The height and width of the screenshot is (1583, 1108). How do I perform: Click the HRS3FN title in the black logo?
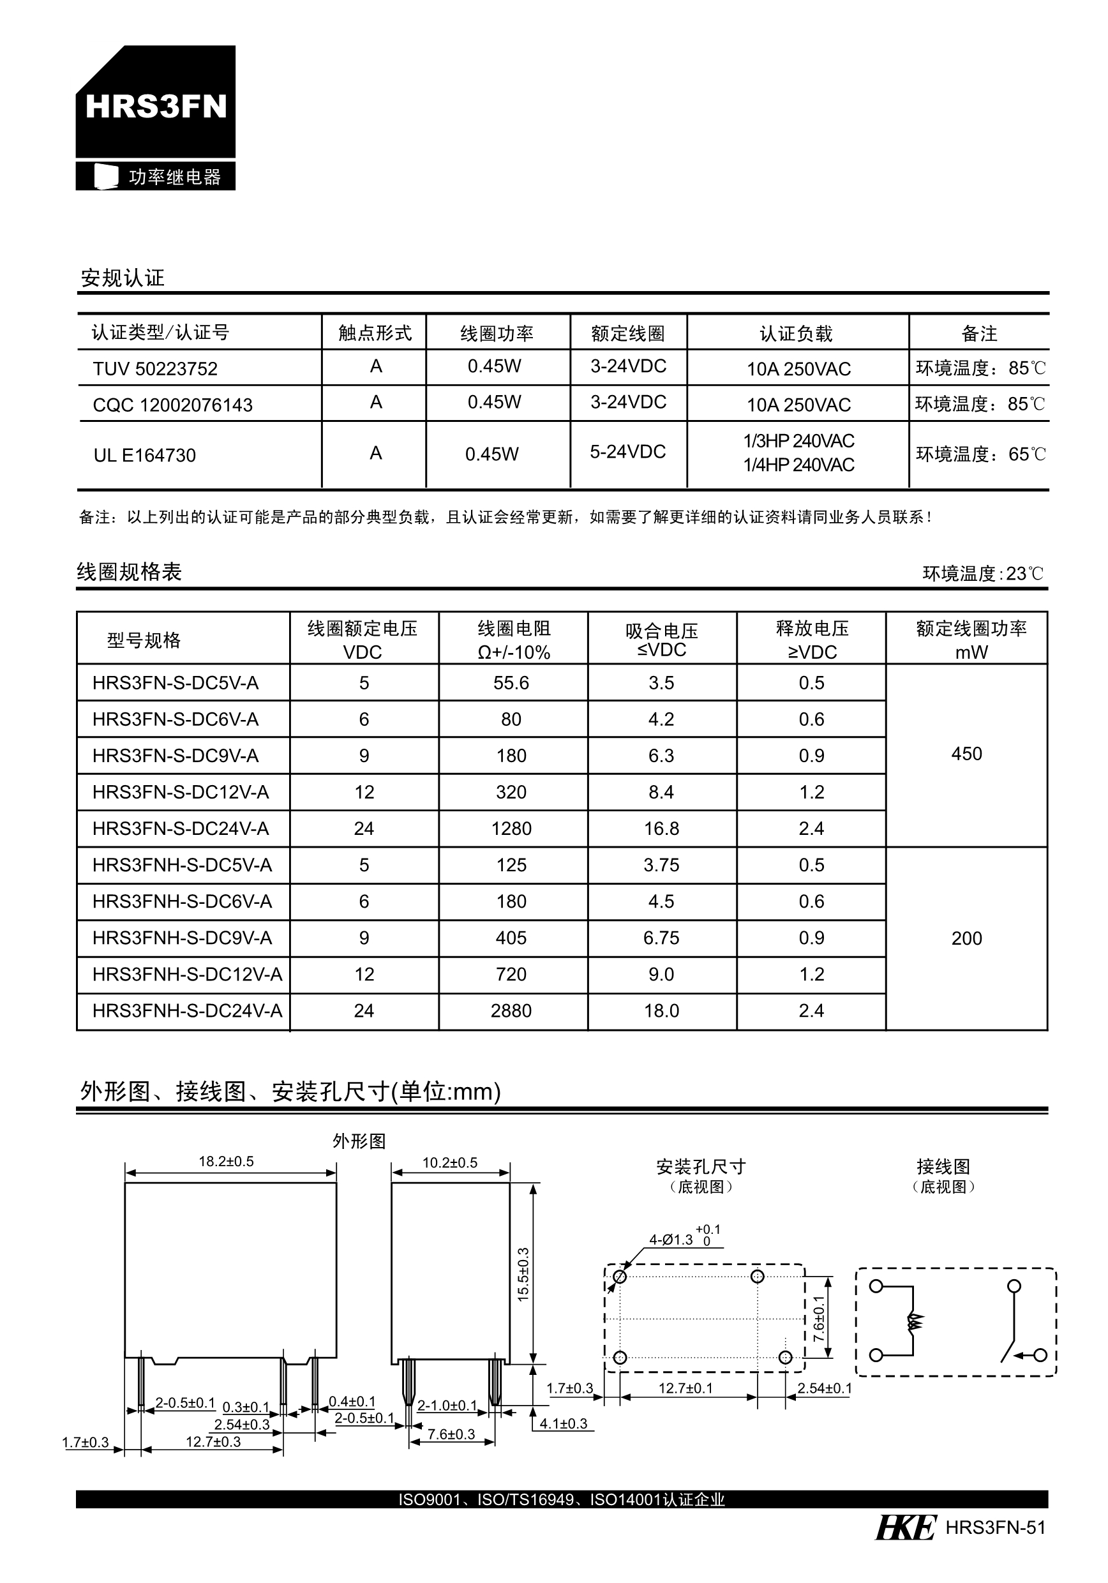[156, 107]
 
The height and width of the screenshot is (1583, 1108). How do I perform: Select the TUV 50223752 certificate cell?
[155, 369]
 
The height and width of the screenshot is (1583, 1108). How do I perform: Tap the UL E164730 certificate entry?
[145, 455]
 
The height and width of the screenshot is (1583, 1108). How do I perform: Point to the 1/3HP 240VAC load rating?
[798, 441]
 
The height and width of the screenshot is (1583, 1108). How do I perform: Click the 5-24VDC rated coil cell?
[627, 453]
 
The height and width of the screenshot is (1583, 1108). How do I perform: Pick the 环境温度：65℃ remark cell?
[980, 454]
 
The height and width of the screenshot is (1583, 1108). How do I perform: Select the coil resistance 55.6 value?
[511, 683]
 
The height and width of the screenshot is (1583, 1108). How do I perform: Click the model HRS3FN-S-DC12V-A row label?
[181, 792]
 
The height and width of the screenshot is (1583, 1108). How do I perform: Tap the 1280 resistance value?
[511, 829]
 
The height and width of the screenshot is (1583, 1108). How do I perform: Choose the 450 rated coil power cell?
[966, 754]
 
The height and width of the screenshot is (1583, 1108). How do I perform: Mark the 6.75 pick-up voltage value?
[661, 938]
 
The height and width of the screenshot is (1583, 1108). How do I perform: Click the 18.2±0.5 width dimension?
[226, 1162]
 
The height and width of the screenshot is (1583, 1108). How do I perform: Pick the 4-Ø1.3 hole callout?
[671, 1240]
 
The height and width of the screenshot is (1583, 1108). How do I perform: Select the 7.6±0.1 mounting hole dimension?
[818, 1318]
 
